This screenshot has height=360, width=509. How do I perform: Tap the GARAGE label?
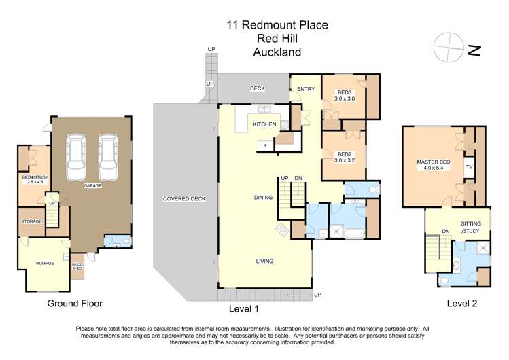pyautogui.click(x=92, y=185)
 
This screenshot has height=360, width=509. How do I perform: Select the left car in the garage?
pyautogui.click(x=76, y=156)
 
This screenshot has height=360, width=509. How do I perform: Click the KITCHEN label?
pyautogui.click(x=264, y=125)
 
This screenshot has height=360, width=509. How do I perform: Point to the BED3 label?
pyautogui.click(x=345, y=92)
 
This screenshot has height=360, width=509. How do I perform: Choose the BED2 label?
pyautogui.click(x=345, y=154)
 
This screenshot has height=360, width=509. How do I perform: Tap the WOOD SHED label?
pyautogui.click(x=77, y=266)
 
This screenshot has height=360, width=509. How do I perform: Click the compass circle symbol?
pyautogui.click(x=448, y=44)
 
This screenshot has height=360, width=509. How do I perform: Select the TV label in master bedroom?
pyautogui.click(x=469, y=166)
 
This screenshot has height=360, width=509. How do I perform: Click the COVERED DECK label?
pyautogui.click(x=180, y=199)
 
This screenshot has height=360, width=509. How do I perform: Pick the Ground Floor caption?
pyautogui.click(x=74, y=304)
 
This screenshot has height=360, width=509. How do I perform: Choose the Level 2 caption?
pyautogui.click(x=461, y=304)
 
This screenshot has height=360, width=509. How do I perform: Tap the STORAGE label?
pyautogui.click(x=31, y=221)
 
